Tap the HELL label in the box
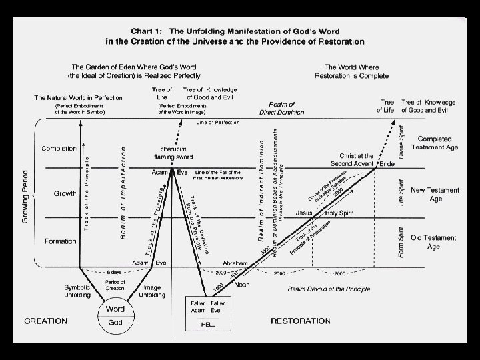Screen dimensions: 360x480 point(208,325)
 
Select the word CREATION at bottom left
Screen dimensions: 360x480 point(47,321)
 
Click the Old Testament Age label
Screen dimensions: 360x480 point(434,243)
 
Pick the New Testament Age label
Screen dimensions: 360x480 point(435,194)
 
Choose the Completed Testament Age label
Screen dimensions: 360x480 point(434,143)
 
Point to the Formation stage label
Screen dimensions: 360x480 point(60,241)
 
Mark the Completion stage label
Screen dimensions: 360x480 point(59,149)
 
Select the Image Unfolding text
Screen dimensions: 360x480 point(155,291)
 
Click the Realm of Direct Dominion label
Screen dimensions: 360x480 point(286,109)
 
